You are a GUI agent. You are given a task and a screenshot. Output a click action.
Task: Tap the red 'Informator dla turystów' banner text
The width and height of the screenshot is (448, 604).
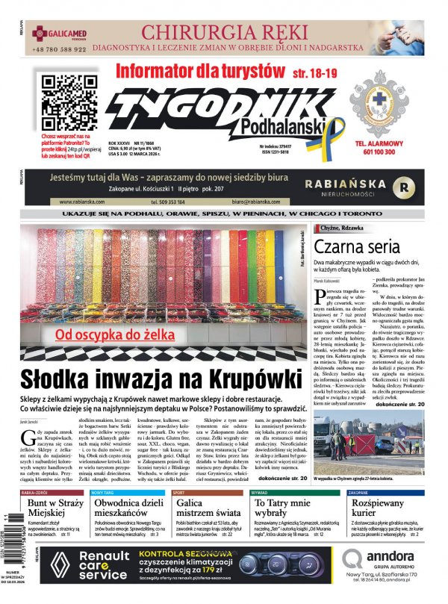coord(197,72)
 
